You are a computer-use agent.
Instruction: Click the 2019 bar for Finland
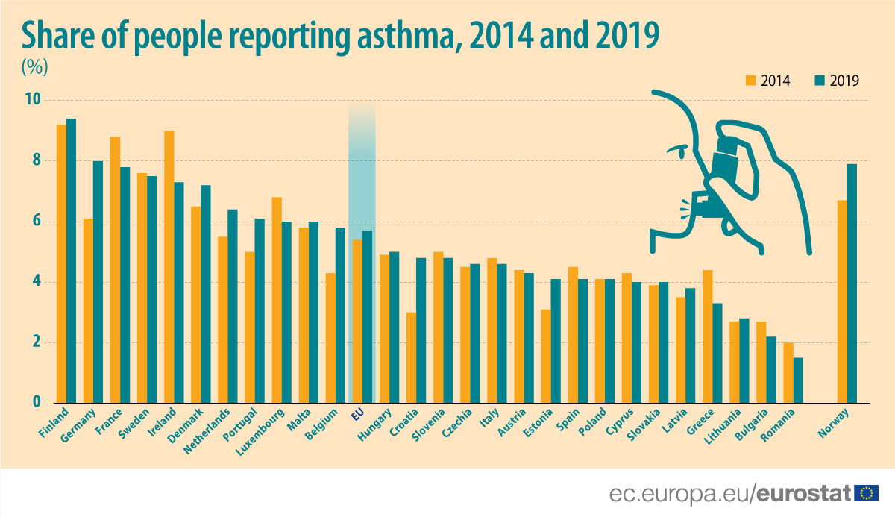click(x=71, y=261)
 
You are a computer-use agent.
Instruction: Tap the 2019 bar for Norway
click(x=852, y=283)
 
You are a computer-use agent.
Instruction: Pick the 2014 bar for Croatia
click(x=411, y=358)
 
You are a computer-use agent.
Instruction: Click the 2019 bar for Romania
click(x=798, y=380)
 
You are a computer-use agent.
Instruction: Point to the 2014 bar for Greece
click(x=707, y=336)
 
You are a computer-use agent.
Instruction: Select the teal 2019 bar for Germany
click(x=98, y=282)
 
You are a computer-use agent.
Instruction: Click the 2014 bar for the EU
click(x=357, y=322)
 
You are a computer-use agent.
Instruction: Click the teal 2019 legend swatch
click(x=819, y=81)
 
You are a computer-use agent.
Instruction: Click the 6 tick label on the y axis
click(x=35, y=222)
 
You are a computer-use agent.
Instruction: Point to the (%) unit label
click(x=34, y=66)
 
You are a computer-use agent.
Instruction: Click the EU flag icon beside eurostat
click(x=867, y=493)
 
